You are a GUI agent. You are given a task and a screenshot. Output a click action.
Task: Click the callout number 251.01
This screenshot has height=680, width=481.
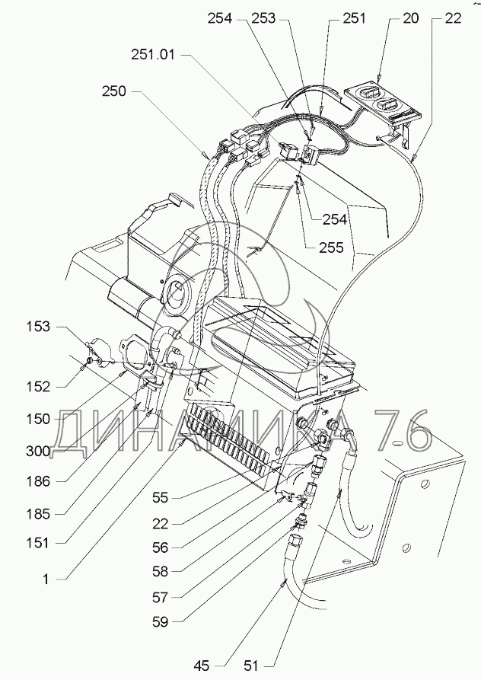(x=153, y=55)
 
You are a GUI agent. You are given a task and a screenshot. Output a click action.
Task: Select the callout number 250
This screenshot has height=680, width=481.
(x=114, y=91)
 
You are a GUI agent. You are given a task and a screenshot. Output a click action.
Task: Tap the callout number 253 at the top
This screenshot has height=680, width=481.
(x=263, y=18)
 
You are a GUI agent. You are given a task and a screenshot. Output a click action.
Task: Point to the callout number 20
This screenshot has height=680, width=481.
(x=410, y=18)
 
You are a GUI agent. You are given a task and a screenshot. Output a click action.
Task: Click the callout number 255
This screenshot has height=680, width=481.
(x=331, y=247)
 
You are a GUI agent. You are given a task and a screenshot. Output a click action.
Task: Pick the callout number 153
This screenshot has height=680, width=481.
(x=38, y=327)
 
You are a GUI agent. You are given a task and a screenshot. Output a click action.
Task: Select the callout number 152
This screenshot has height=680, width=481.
(x=38, y=386)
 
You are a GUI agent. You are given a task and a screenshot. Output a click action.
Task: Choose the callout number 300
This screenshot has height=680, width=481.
(x=38, y=451)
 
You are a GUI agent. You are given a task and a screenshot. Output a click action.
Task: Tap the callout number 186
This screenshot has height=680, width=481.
(x=38, y=481)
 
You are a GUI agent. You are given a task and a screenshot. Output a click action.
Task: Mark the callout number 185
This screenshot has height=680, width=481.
(x=38, y=514)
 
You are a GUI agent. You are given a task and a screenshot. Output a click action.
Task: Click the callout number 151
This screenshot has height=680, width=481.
(x=38, y=542)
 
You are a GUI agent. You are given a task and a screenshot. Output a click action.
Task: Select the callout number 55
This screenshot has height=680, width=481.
(x=160, y=497)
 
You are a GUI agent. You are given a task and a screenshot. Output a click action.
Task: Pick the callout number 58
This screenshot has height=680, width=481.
(x=160, y=572)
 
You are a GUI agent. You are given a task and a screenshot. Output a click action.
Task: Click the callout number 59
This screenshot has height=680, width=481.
(x=160, y=622)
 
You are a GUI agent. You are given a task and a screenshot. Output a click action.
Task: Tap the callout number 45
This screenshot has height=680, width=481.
(x=202, y=666)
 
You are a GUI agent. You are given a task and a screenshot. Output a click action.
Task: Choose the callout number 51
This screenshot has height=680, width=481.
(x=251, y=666)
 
